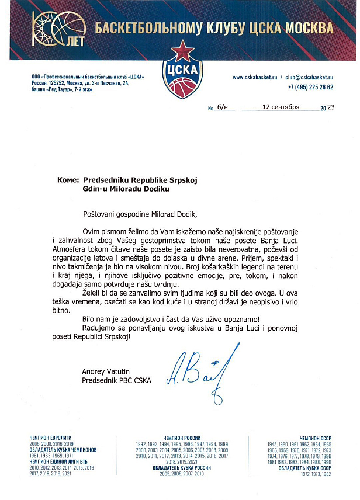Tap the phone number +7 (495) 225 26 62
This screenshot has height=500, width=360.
[x=310, y=86]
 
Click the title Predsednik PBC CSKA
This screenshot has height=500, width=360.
[x=116, y=381]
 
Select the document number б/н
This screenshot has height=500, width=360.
[x=221, y=108]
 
